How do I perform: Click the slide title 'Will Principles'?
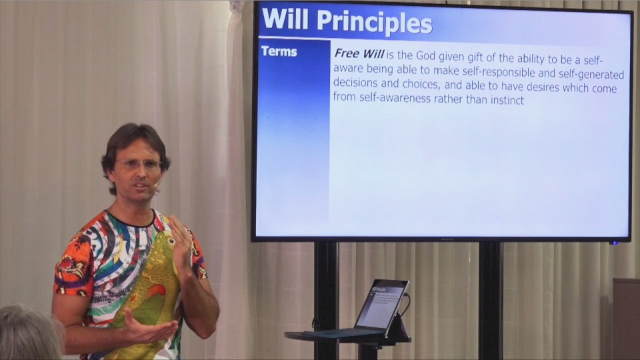click(347, 21)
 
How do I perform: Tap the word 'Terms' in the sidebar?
click(279, 51)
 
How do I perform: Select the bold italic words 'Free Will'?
click(359, 53)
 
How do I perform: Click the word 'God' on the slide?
click(426, 56)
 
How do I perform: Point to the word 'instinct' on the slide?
click(507, 100)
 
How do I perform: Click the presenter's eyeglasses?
click(139, 165)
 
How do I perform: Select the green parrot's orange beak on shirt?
click(157, 291)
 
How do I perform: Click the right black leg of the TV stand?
click(490, 301)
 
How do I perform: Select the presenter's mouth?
click(141, 187)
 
